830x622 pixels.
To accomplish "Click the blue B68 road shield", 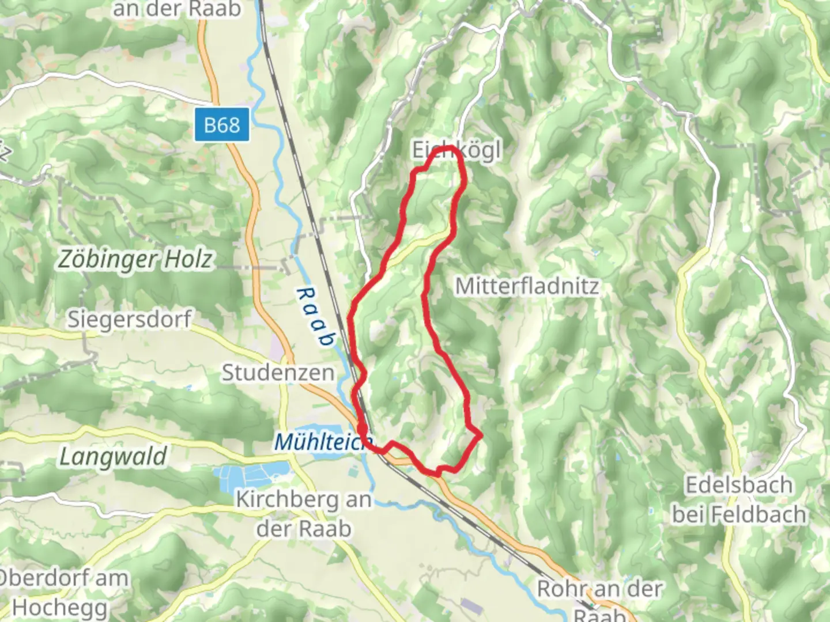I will pos(222,124).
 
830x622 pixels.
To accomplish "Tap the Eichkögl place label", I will pos(455,151).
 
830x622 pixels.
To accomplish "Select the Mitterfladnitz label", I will pos(527,286).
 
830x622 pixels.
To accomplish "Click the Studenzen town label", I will pos(278,373).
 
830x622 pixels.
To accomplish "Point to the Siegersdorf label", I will pos(129,318).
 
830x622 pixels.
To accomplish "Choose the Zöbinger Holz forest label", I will pos(135,260).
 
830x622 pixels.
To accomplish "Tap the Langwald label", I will pos(113,457).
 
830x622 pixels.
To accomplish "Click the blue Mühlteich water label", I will pos(320,442).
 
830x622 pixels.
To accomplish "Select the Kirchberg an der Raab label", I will pos(304,514).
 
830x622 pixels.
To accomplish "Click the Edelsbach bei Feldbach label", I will pos(739,499).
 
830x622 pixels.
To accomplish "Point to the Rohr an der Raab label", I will pos(599,599).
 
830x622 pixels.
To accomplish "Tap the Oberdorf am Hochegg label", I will pos(61,592).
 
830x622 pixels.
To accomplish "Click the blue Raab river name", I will pos(315,317).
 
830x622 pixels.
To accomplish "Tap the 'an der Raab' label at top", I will pos(176,9).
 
